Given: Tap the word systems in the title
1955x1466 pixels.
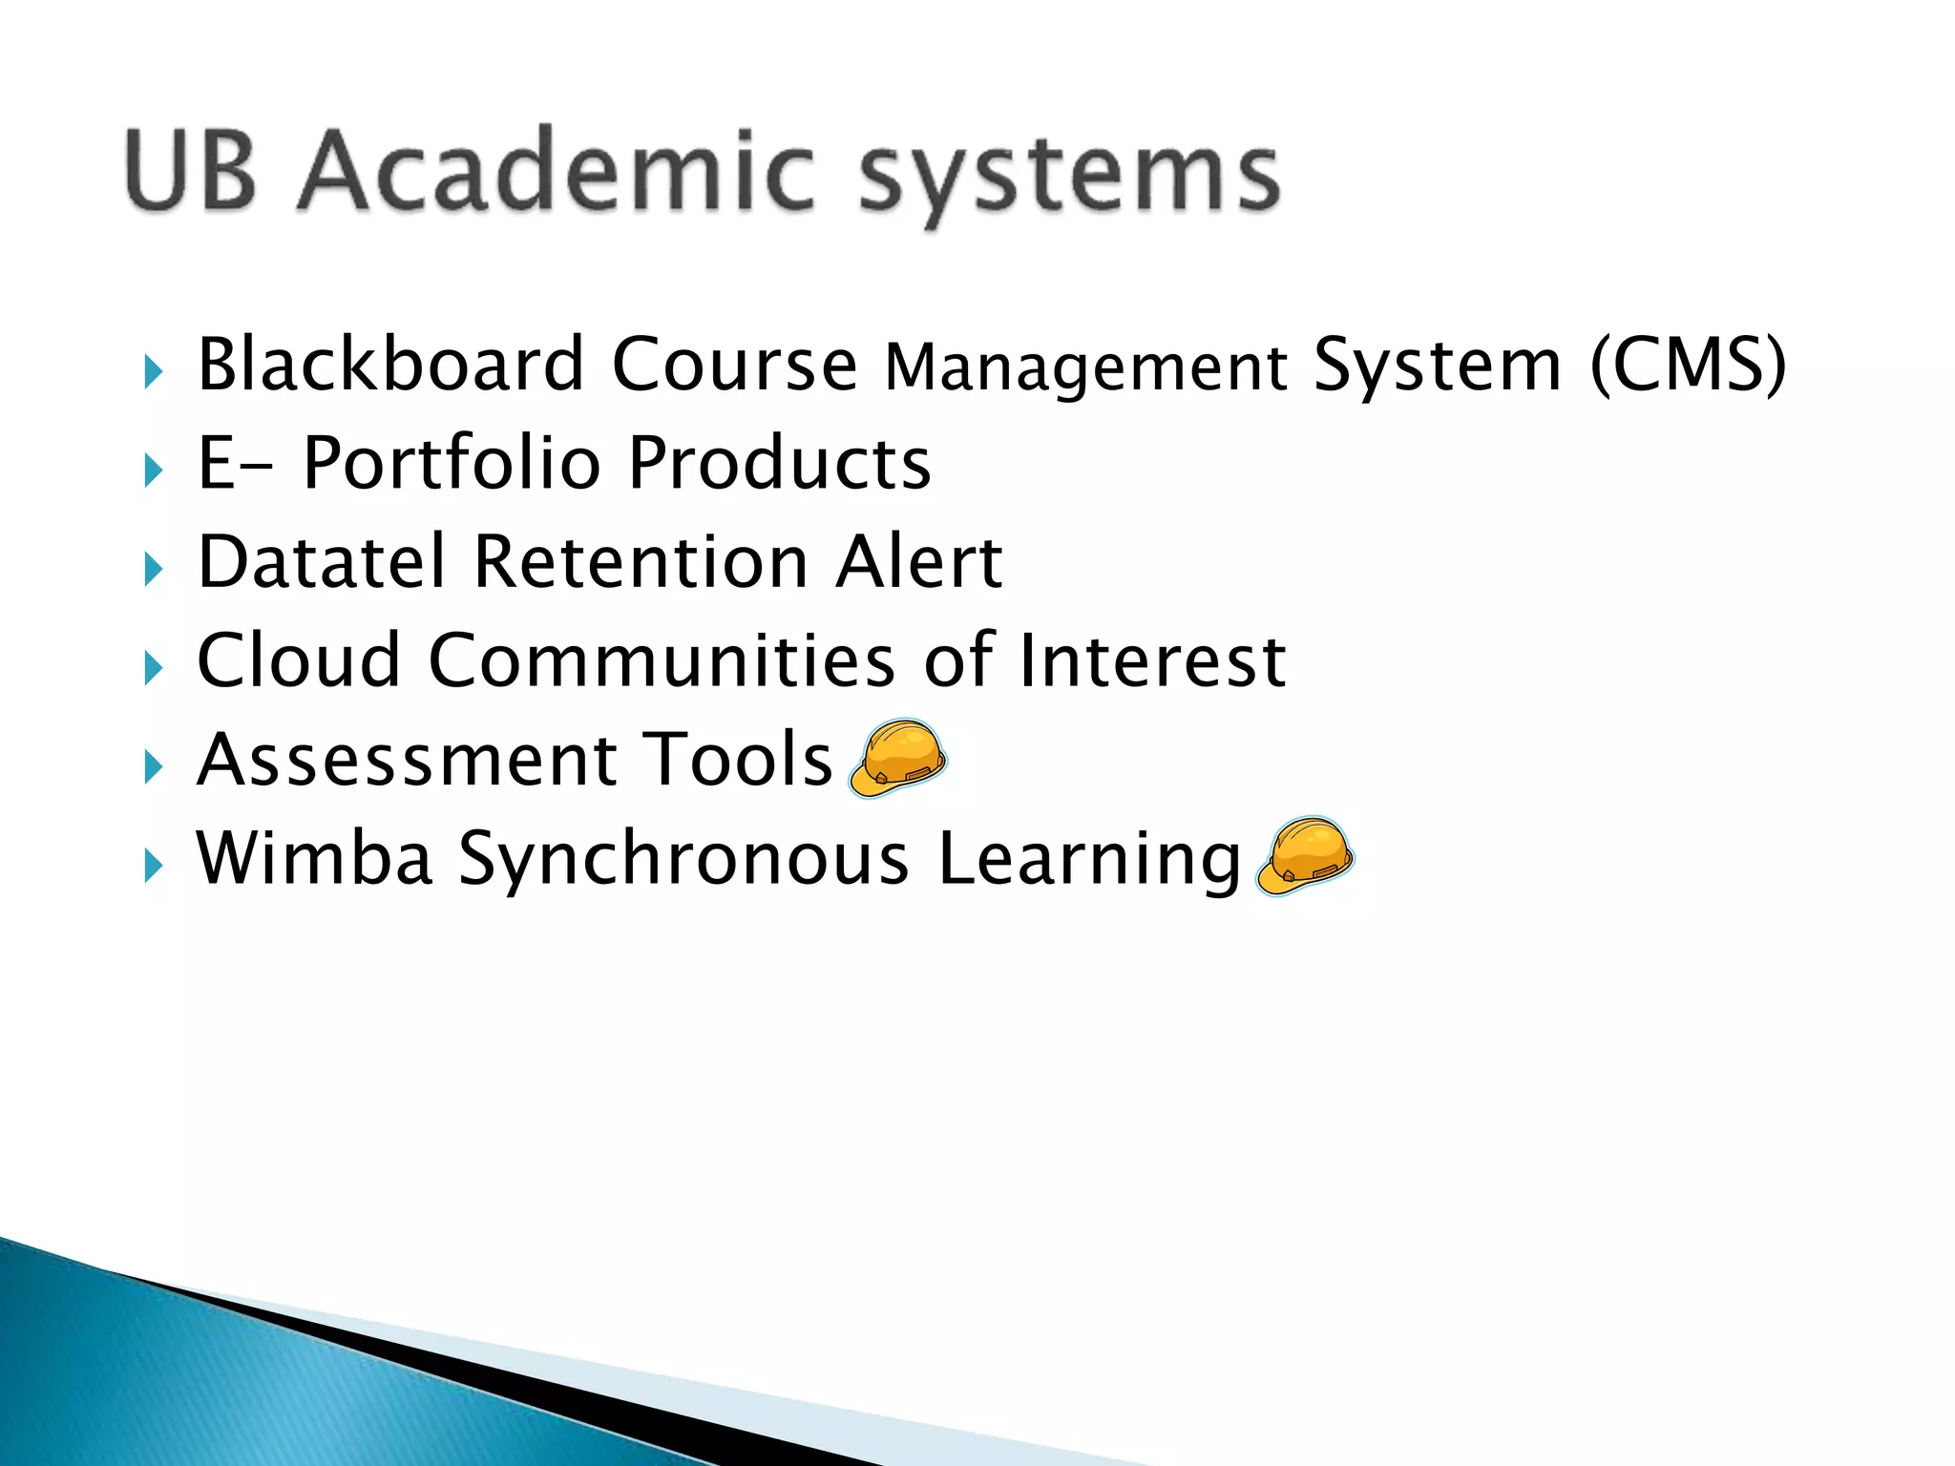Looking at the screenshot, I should (1069, 177).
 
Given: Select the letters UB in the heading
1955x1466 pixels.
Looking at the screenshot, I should (191, 170).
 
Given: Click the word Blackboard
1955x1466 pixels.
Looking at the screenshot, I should (390, 365).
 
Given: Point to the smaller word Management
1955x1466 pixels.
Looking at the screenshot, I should (1085, 370).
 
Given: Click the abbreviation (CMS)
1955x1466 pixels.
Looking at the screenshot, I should (1687, 365).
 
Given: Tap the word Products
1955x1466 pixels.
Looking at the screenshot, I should (779, 463).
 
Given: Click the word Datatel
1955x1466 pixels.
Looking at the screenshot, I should (322, 561).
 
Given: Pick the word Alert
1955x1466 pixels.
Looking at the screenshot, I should (918, 561).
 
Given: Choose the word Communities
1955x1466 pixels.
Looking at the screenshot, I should (662, 660).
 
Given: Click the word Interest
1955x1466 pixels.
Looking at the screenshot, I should (1152, 660).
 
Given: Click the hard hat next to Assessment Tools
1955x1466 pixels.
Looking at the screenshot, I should (897, 759).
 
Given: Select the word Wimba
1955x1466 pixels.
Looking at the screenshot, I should (314, 858).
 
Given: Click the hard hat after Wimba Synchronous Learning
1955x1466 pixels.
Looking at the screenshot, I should (1305, 856).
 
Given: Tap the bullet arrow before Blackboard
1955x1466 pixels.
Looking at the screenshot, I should (153, 371).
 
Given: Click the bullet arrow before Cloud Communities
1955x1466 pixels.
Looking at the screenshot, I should (153, 667).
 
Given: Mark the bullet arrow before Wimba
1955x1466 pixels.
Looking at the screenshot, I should (153, 865).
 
